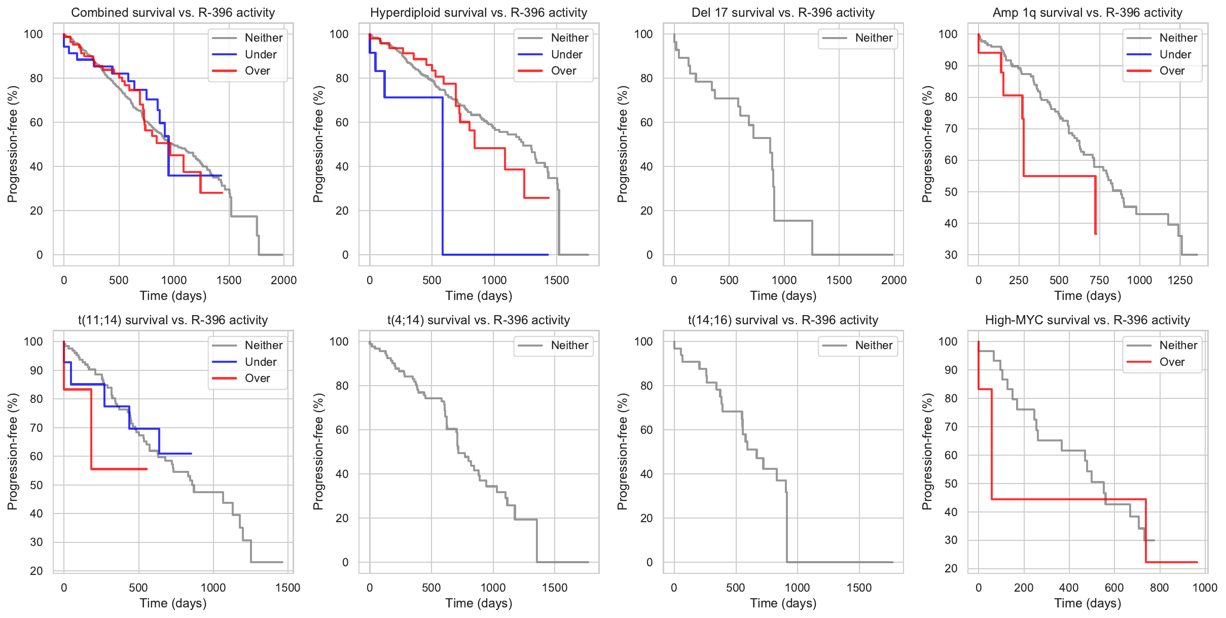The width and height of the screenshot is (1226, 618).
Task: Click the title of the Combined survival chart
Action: (x=173, y=13)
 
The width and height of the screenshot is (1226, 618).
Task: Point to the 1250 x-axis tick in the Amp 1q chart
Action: (x=1180, y=280)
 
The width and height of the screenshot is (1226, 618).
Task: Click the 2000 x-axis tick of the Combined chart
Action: (x=283, y=280)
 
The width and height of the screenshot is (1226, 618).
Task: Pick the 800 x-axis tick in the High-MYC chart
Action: (x=1159, y=588)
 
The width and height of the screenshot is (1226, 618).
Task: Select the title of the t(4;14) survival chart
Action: (x=478, y=320)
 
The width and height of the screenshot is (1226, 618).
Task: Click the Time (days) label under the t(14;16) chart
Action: (x=783, y=603)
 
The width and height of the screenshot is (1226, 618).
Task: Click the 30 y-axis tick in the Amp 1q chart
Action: (x=951, y=255)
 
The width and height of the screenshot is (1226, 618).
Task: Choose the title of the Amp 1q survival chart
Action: (x=1087, y=13)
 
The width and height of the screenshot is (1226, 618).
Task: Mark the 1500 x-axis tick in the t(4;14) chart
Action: (x=555, y=588)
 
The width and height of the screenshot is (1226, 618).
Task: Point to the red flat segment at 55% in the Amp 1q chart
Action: (x=1060, y=176)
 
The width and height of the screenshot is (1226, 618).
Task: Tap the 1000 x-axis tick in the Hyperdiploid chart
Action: (x=494, y=280)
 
